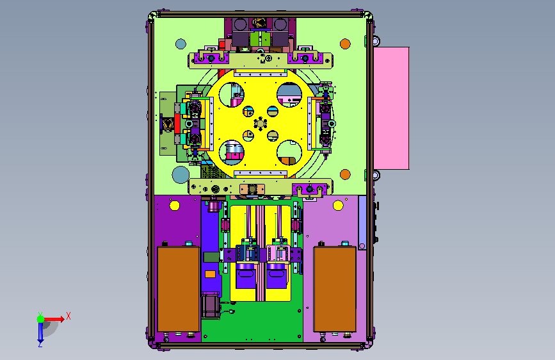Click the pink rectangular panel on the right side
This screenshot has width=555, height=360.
click(391, 108)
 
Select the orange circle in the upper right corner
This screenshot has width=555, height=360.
click(345, 44)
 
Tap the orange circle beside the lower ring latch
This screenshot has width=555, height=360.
click(345, 174)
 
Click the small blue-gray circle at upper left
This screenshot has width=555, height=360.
click(181, 44)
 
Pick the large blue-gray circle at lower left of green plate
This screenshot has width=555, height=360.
click(181, 175)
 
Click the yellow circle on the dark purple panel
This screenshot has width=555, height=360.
click(175, 206)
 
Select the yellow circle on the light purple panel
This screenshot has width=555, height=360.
click(338, 206)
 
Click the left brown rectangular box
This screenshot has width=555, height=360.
click(179, 289)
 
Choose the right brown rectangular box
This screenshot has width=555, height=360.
click(335, 289)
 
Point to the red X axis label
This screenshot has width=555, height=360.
click(68, 316)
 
